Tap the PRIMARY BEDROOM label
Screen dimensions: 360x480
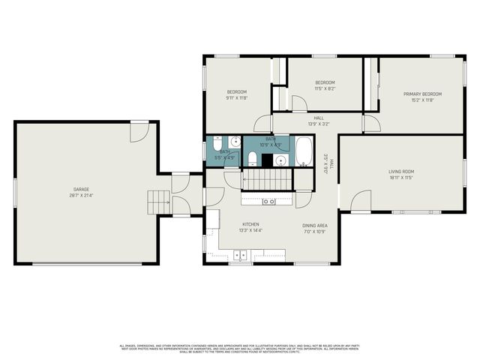[x=422, y=94]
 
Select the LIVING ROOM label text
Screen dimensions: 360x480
[x=400, y=172]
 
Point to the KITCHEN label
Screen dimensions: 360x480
[x=250, y=224]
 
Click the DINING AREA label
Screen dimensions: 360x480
[x=314, y=225]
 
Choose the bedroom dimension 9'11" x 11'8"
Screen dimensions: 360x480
[x=236, y=98]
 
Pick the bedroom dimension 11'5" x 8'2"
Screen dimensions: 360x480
[x=324, y=88]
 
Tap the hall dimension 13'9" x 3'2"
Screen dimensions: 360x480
[x=319, y=124]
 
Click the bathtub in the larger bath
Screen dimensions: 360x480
[x=304, y=151]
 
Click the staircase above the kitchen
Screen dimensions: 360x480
[x=265, y=179]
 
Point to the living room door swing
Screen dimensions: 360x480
[x=360, y=200]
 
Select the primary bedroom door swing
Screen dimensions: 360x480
[x=371, y=122]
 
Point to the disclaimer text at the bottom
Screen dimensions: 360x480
[x=240, y=349]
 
